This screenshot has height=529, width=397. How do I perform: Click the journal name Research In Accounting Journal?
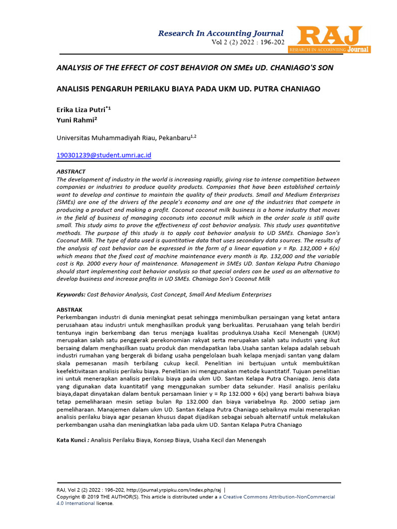tap(221, 33)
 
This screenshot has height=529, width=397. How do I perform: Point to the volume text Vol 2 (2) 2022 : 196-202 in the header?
tap(248, 42)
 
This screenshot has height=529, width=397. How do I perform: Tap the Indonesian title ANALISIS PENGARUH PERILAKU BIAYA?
tap(188, 89)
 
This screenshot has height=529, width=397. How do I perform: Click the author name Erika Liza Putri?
tap(81, 110)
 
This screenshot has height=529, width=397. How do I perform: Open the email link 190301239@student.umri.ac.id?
tap(103, 155)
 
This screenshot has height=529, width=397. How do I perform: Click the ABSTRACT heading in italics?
tap(71, 171)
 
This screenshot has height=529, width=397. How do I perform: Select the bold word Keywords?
tap(70, 294)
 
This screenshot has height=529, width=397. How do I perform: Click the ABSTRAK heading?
tap(69, 309)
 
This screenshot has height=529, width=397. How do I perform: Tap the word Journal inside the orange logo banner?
tap(358, 50)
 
